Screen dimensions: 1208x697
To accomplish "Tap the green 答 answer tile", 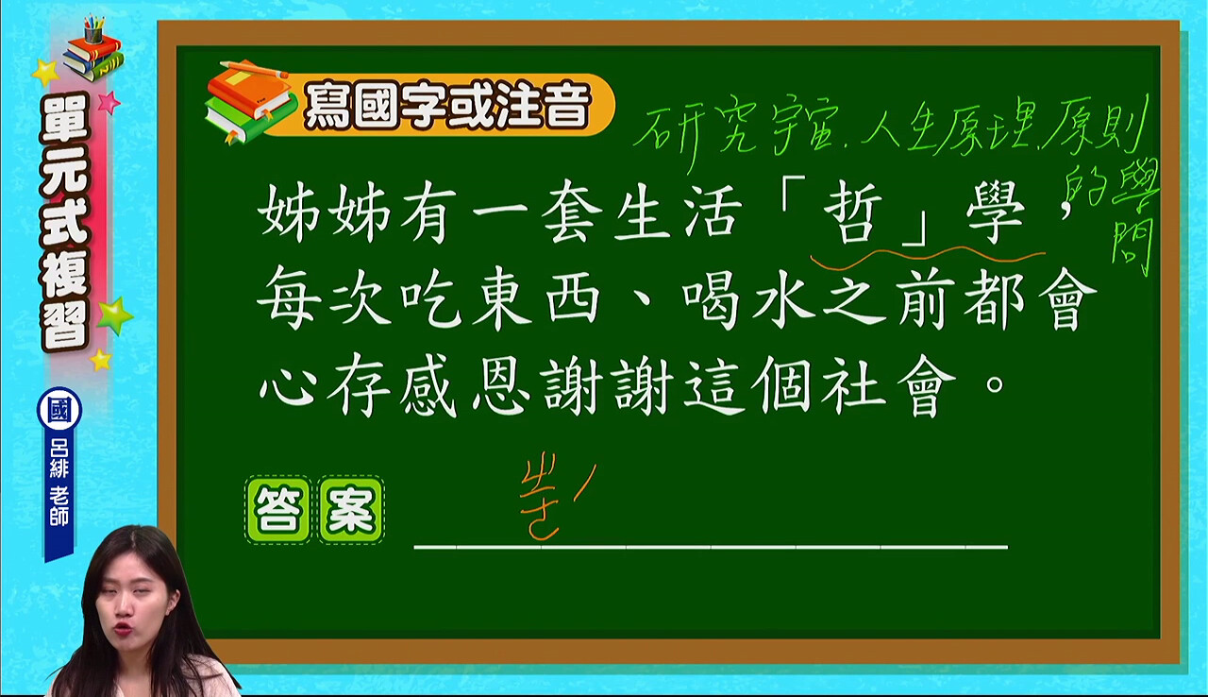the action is click(x=278, y=510).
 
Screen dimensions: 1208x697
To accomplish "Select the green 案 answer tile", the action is click(x=351, y=510).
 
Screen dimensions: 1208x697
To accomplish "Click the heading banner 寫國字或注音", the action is click(x=447, y=105).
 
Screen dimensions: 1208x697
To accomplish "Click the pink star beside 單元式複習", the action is click(x=109, y=102).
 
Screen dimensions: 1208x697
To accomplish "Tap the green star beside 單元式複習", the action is click(x=114, y=315).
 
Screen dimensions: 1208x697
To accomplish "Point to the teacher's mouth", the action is click(x=122, y=629).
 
